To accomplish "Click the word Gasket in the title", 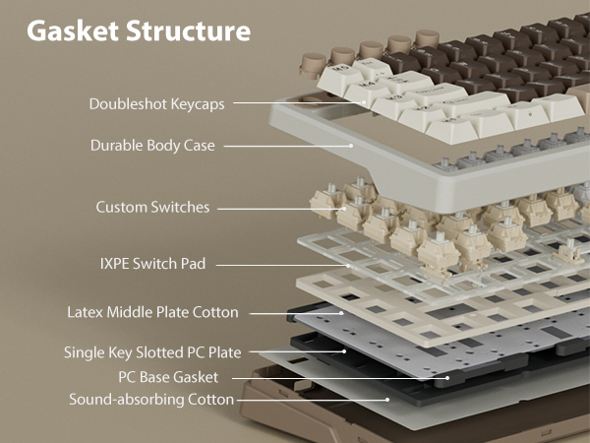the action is [73, 31].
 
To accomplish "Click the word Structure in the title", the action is [188, 31].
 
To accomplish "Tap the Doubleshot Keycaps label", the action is [157, 104].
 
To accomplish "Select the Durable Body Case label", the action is [152, 146].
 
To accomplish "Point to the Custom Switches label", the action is [152, 207].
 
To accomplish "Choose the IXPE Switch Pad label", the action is [152, 264].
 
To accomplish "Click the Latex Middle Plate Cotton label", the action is [152, 312].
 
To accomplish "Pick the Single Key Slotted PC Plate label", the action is [152, 352].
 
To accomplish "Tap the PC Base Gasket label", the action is [168, 377].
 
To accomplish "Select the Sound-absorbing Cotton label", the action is [151, 400].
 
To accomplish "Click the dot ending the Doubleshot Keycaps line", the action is [364, 102].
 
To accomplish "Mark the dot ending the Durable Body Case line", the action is [351, 146].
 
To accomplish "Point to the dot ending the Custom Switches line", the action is [344, 209].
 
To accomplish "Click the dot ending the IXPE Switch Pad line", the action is [348, 266].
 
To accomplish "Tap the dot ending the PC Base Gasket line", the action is [447, 378].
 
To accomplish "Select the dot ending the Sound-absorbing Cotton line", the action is [387, 400].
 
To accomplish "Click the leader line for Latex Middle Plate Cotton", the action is [296, 313].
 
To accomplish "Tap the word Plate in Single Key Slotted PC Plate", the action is [225, 352].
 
